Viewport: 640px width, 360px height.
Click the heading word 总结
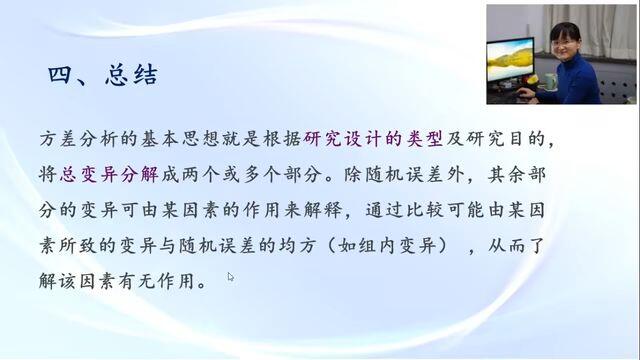[131, 75]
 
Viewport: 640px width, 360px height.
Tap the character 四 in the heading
[60, 75]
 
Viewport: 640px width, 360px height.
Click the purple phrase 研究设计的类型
[373, 139]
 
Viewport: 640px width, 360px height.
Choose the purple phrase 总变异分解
[109, 175]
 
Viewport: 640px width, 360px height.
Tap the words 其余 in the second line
[507, 175]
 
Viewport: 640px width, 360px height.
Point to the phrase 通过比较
[405, 210]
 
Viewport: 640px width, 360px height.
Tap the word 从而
[507, 246]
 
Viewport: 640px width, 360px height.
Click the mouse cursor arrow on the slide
[231, 277]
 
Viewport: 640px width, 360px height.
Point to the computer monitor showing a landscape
[510, 60]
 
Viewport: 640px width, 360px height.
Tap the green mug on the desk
[549, 81]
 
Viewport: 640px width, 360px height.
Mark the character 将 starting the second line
[48, 175]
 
